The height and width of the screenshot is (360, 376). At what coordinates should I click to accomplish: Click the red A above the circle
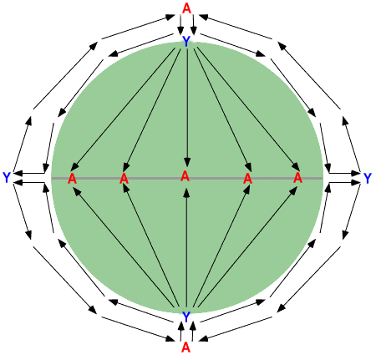coord(186,8)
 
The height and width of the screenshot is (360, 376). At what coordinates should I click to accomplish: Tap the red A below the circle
coord(185,347)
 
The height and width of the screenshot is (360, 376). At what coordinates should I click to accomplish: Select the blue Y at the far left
coord(7,178)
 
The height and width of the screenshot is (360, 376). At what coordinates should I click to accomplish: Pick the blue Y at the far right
coord(368,178)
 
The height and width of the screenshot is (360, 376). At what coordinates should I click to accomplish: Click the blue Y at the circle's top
coord(186,42)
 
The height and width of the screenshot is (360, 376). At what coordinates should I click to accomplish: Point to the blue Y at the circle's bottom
coord(186,317)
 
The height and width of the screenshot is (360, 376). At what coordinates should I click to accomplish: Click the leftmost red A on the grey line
coord(72,179)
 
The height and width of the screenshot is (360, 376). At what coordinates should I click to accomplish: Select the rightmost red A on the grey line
coord(297,177)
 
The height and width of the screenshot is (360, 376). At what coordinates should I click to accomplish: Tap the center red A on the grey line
coord(185,176)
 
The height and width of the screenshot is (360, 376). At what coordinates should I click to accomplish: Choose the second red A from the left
coord(124,179)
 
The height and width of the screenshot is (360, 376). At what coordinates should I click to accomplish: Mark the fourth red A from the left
coord(247,179)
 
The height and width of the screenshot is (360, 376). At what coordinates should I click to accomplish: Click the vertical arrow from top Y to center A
coord(187,108)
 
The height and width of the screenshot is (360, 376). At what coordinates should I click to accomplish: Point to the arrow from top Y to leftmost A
coord(123,109)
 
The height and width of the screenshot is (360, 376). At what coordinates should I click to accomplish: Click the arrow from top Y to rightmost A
coord(248,109)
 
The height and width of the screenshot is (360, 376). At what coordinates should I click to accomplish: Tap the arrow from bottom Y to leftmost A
coord(124,247)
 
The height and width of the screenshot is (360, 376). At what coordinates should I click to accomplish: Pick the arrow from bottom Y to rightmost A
coord(247,247)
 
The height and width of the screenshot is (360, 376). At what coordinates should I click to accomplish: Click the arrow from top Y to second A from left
coord(153,109)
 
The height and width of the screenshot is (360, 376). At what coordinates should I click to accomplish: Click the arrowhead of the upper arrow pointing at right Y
coord(357,174)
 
